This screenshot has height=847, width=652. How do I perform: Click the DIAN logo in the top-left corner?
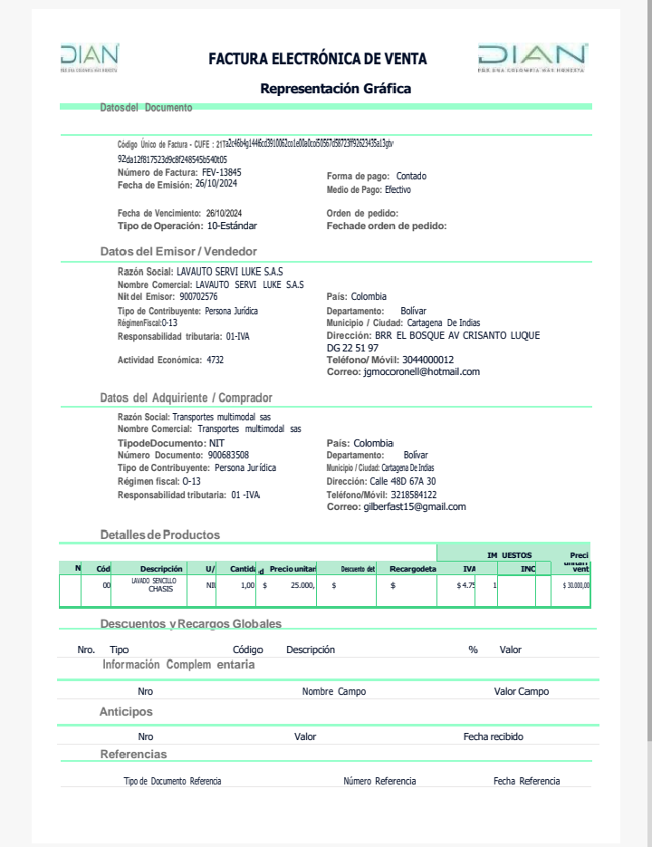tap(90, 56)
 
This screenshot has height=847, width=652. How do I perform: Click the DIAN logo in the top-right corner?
tap(532, 56)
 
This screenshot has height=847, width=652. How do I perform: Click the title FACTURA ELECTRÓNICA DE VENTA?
tap(318, 59)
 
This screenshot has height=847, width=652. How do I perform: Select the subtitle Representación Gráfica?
tap(335, 89)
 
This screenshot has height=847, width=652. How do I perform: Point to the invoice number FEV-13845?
tap(222, 172)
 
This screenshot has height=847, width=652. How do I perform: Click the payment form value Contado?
tap(411, 176)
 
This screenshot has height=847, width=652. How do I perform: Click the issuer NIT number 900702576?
tap(198, 296)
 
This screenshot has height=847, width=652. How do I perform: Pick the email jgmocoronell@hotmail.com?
tap(421, 371)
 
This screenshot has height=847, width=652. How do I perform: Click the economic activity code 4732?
tap(215, 360)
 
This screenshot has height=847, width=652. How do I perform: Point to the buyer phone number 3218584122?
tap(413, 495)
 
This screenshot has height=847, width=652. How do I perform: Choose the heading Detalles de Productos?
tap(159, 534)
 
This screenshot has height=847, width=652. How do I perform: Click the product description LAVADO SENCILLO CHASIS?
tap(154, 584)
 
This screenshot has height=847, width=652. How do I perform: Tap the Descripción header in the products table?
tap(161, 569)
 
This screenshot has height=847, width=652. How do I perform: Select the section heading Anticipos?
tap(126, 712)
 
